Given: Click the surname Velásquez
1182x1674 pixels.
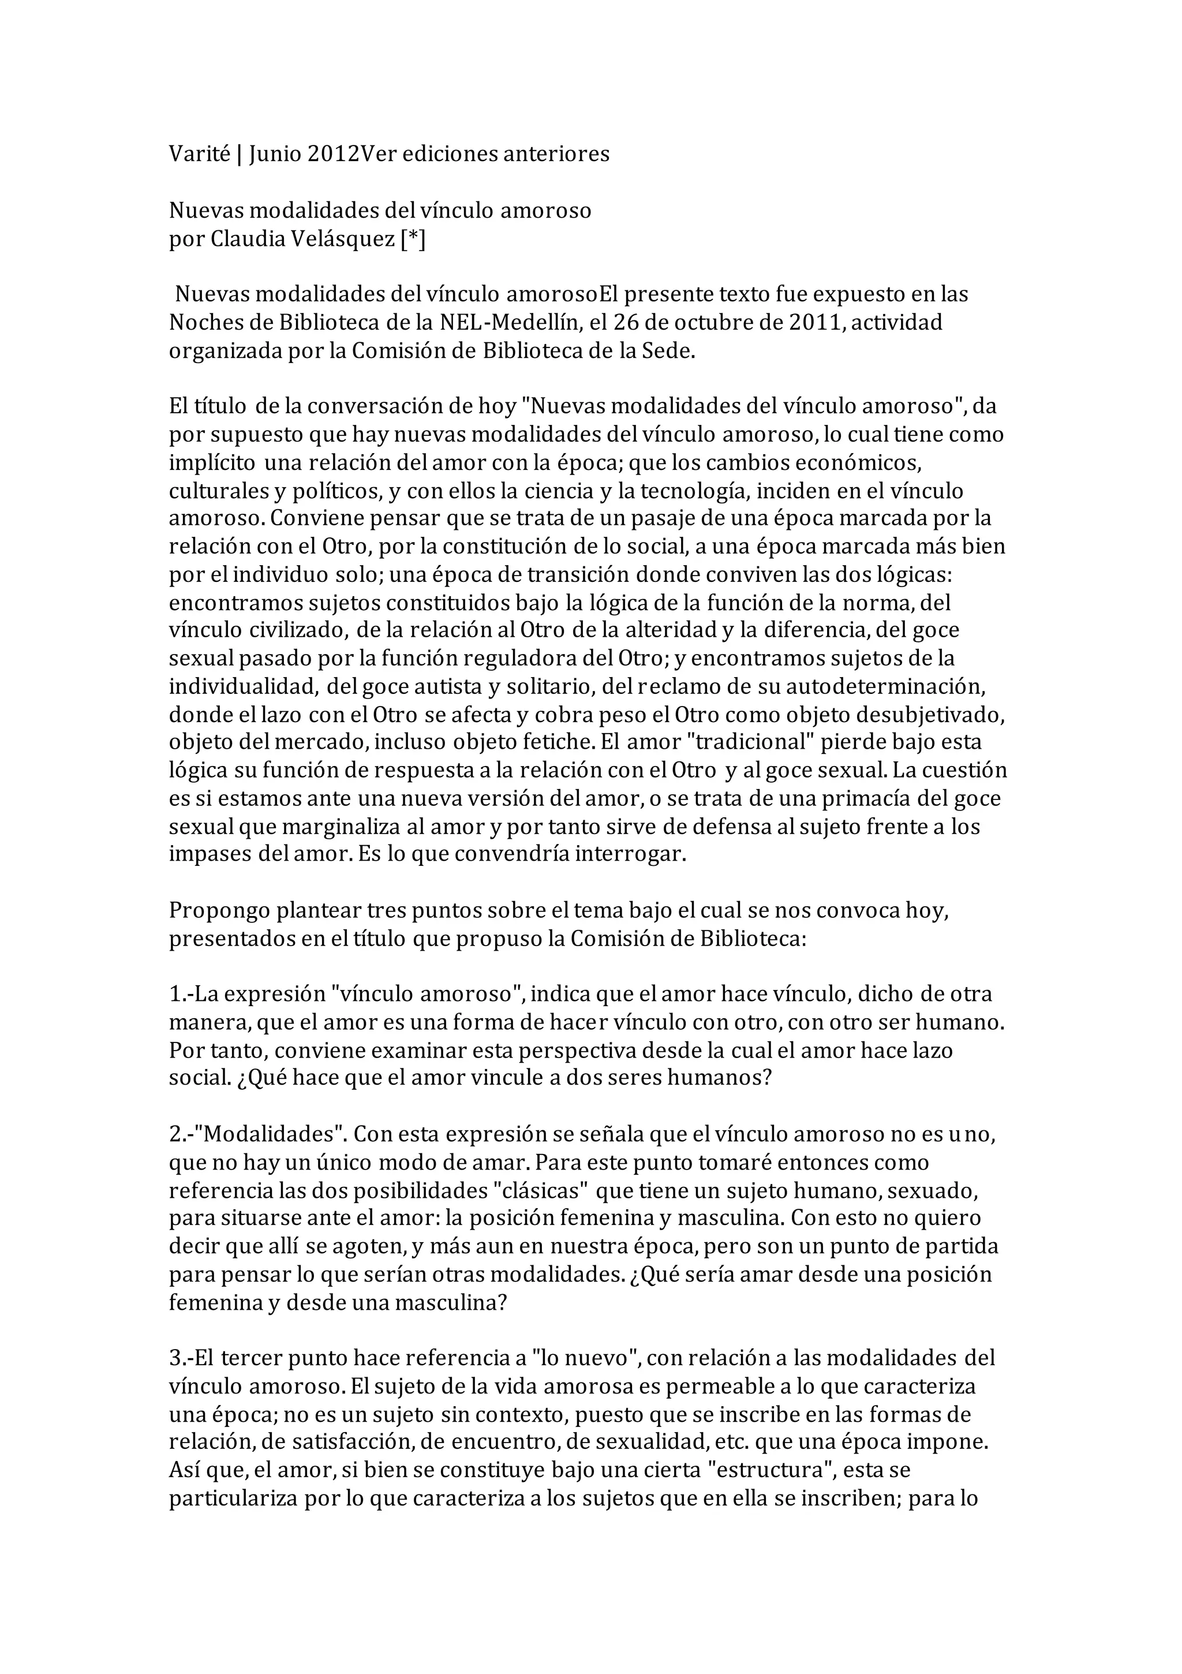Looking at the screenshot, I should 346,238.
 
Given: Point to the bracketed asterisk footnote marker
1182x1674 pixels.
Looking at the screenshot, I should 413,238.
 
